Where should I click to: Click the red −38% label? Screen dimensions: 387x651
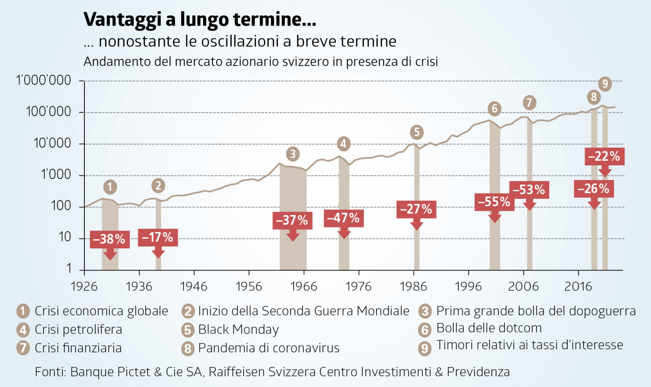click(x=109, y=239)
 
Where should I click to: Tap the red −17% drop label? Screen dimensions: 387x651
click(x=158, y=237)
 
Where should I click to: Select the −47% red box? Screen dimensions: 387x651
click(x=344, y=218)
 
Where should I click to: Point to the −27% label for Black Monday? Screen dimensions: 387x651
click(x=416, y=209)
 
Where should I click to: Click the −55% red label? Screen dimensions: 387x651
click(x=494, y=202)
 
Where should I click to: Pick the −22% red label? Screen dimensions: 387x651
click(x=604, y=156)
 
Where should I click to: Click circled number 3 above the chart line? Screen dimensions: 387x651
click(x=293, y=154)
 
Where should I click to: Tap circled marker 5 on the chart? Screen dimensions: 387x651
click(x=417, y=132)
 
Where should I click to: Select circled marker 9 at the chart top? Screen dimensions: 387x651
click(x=605, y=84)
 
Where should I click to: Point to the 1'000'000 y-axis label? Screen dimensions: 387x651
click(x=43, y=80)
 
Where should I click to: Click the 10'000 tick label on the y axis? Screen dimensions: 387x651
click(x=52, y=143)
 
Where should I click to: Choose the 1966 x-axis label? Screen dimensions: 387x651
click(x=303, y=287)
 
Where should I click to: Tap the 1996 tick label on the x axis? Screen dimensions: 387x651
click(x=468, y=287)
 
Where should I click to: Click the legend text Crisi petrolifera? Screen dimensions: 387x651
click(x=78, y=329)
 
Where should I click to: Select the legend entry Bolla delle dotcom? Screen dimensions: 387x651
click(x=489, y=328)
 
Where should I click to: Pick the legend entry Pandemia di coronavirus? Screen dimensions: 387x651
click(x=269, y=348)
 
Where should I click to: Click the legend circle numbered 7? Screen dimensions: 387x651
click(x=23, y=348)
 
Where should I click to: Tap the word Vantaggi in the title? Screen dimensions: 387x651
click(x=122, y=19)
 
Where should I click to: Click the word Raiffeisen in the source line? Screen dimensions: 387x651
click(x=236, y=372)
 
